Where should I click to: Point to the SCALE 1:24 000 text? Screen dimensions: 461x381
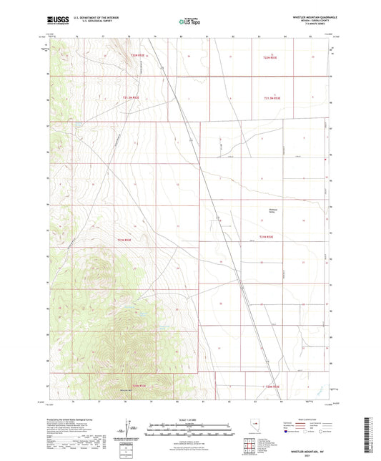(190, 419)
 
